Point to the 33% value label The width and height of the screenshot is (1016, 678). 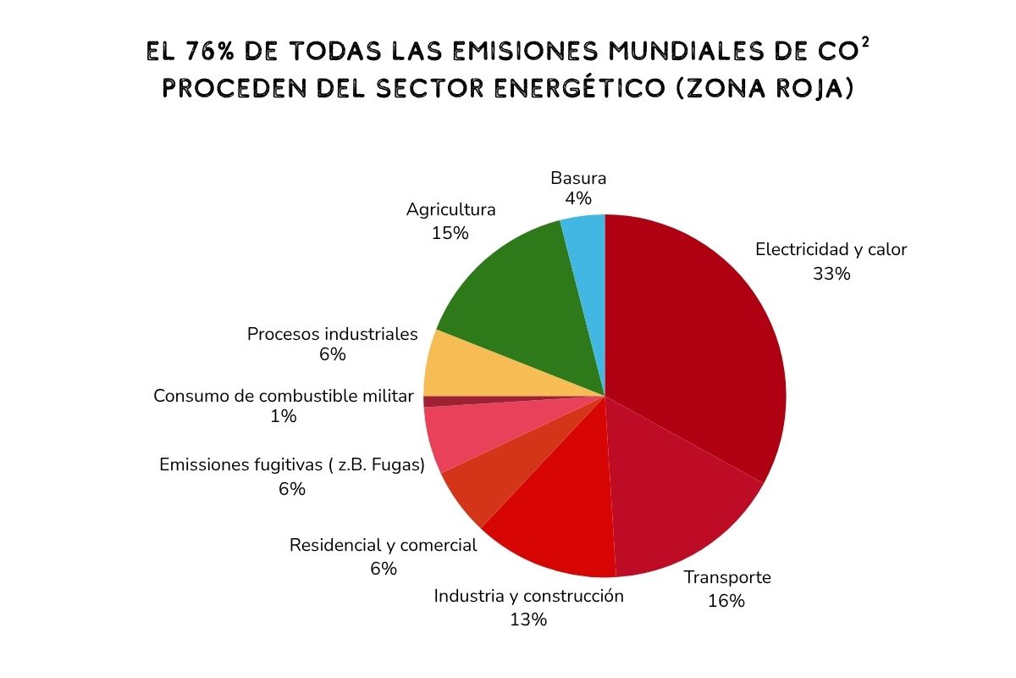[x=831, y=274]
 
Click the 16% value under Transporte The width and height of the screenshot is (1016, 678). [x=726, y=601]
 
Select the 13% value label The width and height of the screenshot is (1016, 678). [x=528, y=620]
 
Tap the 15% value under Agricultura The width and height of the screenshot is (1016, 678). [x=450, y=233]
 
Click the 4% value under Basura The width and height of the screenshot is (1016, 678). [x=578, y=199]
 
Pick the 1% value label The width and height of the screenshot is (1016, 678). [x=284, y=416]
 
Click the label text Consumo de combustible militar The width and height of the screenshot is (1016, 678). [x=284, y=396]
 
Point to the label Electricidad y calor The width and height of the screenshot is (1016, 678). [x=831, y=250]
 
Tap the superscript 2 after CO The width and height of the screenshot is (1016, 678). [x=864, y=42]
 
